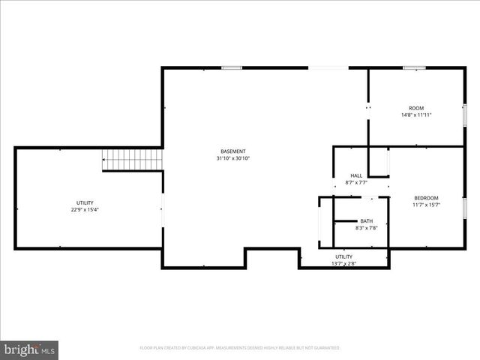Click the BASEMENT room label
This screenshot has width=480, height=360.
232,151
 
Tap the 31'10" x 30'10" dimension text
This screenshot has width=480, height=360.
232,158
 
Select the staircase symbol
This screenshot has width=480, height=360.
133,160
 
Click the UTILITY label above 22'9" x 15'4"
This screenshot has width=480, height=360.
85,202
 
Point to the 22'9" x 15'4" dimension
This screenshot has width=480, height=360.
85,209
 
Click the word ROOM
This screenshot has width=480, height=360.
416,108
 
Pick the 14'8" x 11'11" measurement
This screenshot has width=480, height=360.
416,115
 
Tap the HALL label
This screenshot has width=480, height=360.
356,175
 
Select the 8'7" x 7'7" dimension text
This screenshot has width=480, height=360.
356,182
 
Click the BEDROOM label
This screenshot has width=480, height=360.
426,198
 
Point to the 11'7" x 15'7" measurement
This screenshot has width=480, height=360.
426,205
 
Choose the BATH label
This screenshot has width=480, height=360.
366,220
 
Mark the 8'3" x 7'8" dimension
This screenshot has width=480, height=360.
366,227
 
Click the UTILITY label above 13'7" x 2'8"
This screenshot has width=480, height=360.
344,256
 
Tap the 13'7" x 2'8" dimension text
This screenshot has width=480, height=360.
344,263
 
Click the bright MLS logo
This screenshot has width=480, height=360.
30,349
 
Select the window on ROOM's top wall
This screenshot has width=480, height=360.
415,68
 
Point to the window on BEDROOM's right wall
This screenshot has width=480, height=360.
465,206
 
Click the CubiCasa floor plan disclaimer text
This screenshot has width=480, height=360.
240,348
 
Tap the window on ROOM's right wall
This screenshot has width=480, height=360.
465,115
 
